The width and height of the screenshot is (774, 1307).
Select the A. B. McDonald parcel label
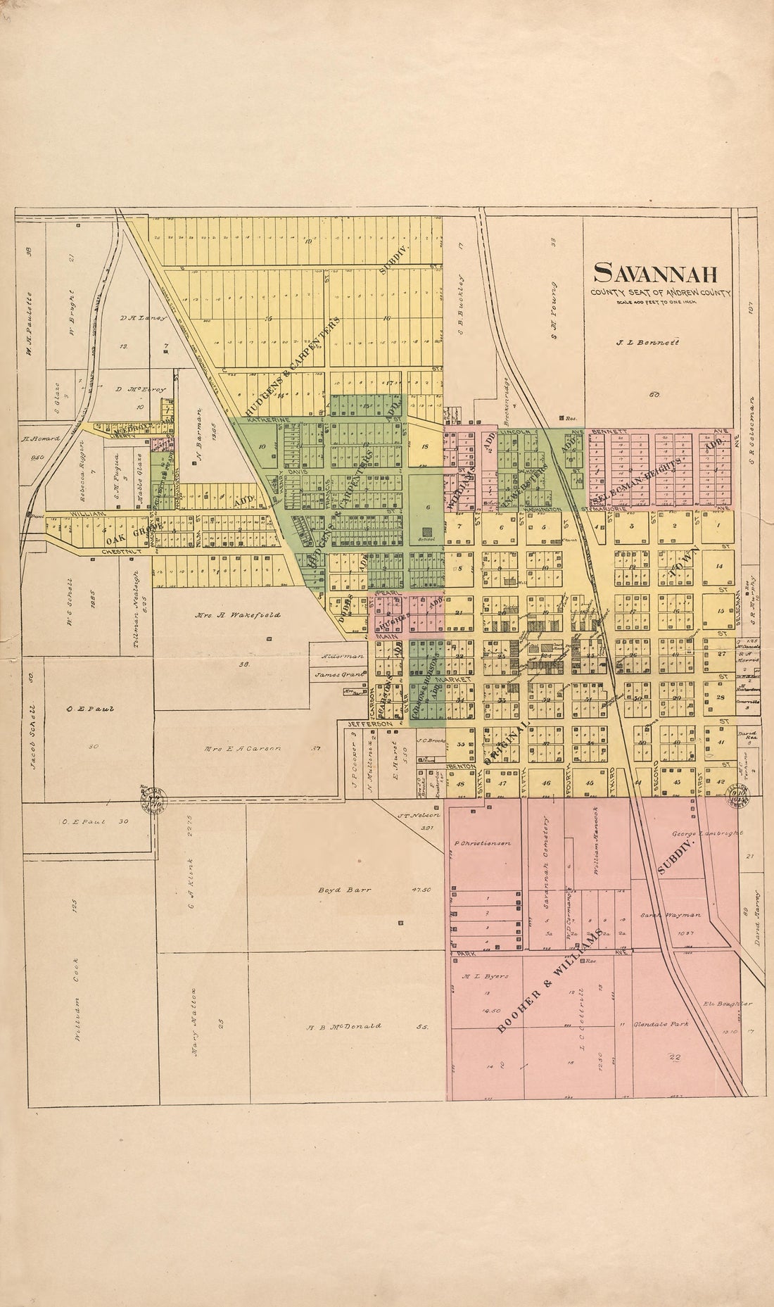click(x=343, y=1025)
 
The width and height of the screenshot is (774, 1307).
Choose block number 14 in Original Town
click(x=718, y=566)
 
